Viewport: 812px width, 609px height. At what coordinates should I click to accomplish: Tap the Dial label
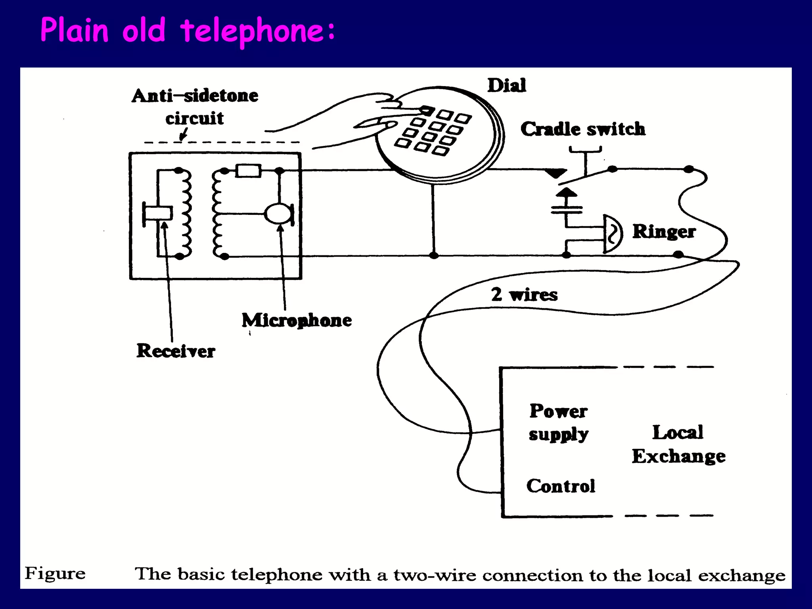click(x=506, y=85)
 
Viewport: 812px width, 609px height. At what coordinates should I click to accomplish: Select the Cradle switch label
click(x=582, y=129)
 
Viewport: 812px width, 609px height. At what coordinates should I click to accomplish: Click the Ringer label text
click(x=664, y=231)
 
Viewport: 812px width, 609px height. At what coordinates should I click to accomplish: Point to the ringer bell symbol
click(x=612, y=234)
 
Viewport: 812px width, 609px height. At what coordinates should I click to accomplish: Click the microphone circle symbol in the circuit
click(x=278, y=214)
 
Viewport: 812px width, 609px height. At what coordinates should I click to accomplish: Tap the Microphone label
click(x=297, y=320)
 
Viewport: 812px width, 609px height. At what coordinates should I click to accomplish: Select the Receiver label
click(x=176, y=351)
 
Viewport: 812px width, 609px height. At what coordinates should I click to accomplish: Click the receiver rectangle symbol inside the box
click(x=158, y=213)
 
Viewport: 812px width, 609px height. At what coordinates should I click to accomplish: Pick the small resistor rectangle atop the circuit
click(x=248, y=171)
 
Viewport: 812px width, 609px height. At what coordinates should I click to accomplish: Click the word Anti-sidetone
click(x=195, y=96)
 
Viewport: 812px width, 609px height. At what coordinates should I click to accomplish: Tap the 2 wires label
click(x=524, y=295)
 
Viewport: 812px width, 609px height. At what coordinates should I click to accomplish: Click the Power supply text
click(x=558, y=422)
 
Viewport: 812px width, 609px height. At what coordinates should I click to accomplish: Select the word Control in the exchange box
click(x=561, y=486)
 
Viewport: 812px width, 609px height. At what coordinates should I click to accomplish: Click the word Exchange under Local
click(x=678, y=456)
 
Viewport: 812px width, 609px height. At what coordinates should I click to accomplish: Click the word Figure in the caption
click(x=55, y=574)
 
